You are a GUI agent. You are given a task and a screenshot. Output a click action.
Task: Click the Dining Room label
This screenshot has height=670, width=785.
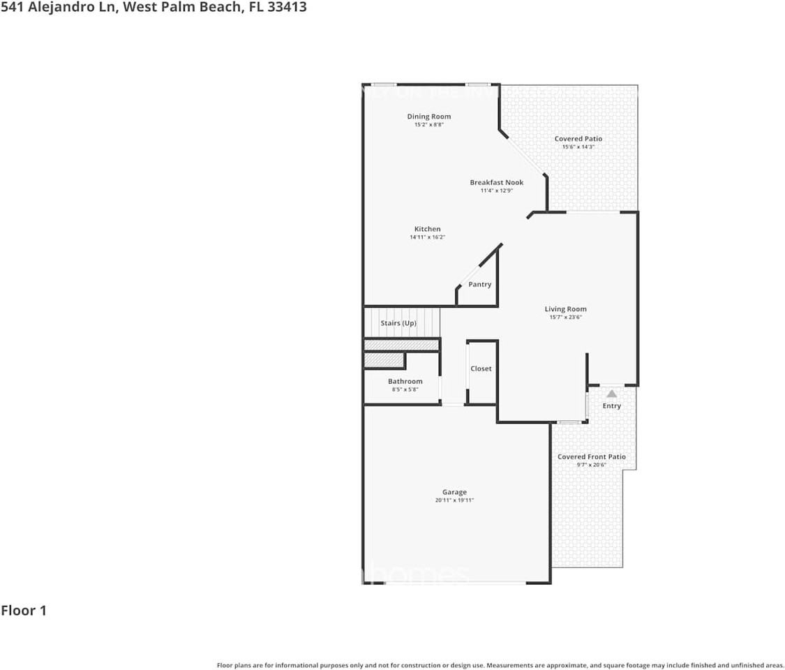(x=429, y=117)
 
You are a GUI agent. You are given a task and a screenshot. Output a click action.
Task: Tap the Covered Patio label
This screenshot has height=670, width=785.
(x=578, y=139)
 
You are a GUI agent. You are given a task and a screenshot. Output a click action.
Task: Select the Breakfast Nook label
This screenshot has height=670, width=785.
(x=496, y=183)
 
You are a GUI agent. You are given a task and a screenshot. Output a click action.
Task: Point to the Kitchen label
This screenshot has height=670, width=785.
(x=427, y=229)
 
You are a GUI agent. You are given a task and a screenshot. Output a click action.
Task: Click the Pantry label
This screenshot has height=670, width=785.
(x=479, y=285)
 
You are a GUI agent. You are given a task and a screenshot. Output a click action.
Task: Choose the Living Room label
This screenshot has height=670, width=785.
(x=565, y=309)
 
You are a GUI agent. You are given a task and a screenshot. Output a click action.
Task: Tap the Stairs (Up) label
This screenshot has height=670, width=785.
(x=398, y=323)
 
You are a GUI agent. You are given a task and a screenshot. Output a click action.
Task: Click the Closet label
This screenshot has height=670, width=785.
(x=481, y=368)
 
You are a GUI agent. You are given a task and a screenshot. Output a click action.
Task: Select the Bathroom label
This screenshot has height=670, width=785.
(x=405, y=382)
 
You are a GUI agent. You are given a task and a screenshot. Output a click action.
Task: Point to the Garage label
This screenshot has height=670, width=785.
(x=454, y=492)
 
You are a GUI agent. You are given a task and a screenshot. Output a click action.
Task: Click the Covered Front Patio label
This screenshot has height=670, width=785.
(x=591, y=457)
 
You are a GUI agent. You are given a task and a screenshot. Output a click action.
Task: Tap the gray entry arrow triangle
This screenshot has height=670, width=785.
(x=611, y=394)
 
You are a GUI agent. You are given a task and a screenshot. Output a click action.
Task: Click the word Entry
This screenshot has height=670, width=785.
(x=611, y=406)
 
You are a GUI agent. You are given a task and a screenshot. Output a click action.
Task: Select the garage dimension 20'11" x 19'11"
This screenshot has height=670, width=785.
(x=454, y=500)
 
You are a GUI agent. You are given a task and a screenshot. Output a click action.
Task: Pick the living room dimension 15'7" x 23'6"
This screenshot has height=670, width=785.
(x=565, y=318)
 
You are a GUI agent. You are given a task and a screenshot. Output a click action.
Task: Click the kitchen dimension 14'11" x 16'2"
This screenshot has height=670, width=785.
(x=427, y=237)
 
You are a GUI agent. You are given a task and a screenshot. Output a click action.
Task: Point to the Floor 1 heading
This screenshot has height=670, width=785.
(x=24, y=611)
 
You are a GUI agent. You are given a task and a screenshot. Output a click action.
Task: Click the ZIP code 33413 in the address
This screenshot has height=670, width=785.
(x=287, y=8)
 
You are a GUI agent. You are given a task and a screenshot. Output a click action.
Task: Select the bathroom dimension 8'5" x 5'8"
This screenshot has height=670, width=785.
(x=405, y=389)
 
